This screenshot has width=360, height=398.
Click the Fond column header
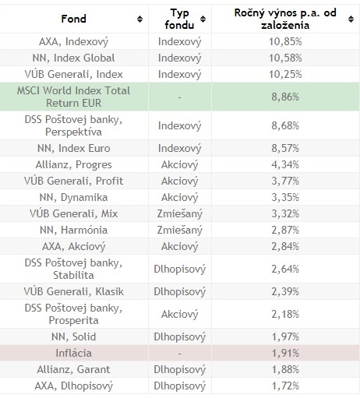[x=73, y=19]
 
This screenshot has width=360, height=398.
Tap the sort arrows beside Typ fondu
[x=203, y=19]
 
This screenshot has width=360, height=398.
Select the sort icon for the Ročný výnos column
[x=351, y=19]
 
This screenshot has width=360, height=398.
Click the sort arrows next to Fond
[x=139, y=19]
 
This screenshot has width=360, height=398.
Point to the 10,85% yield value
[x=285, y=41]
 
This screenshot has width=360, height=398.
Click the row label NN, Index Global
[x=73, y=58]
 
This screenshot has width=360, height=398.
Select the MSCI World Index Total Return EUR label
[x=73, y=97]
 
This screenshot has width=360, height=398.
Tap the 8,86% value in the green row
[x=285, y=97]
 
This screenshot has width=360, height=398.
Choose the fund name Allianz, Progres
[x=73, y=164]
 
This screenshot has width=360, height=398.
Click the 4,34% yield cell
[x=285, y=164]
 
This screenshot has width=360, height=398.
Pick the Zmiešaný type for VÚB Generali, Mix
[x=179, y=213]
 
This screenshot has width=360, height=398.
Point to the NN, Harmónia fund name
[x=73, y=230]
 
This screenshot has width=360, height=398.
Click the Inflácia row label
[x=73, y=353]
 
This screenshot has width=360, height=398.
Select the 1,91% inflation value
[x=285, y=353]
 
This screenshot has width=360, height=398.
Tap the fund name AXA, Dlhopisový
[x=73, y=386]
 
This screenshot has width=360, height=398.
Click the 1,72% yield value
[x=285, y=386]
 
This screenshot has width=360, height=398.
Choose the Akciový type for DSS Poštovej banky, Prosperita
[x=179, y=314]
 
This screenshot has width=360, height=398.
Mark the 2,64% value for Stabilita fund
[x=285, y=269]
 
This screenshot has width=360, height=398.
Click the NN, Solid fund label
[x=73, y=336]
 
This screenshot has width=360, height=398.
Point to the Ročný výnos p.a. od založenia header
[x=285, y=19]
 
